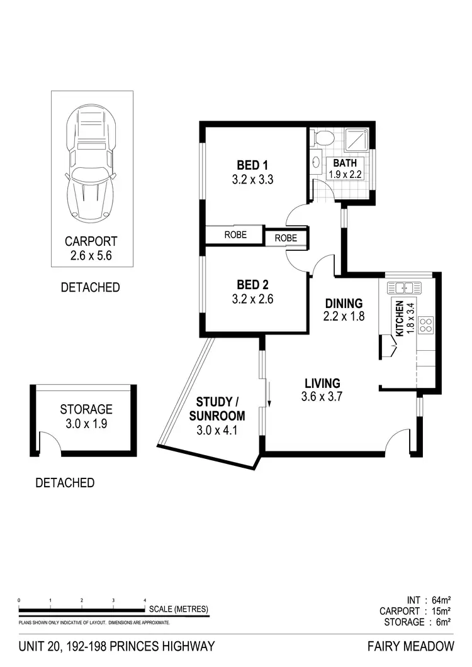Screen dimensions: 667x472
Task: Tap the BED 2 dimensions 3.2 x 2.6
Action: (253, 299)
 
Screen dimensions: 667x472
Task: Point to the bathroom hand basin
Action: (317, 163)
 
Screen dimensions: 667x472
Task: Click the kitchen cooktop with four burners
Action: (426, 325)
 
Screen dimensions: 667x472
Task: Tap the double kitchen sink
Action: (403, 288)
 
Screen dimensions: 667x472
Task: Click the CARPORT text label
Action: (91, 241)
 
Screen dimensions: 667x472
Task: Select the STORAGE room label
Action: (86, 410)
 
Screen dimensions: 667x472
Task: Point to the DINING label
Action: (344, 303)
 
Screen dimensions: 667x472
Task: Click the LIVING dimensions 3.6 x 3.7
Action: (322, 396)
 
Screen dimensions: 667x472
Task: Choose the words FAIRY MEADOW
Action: (411, 646)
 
